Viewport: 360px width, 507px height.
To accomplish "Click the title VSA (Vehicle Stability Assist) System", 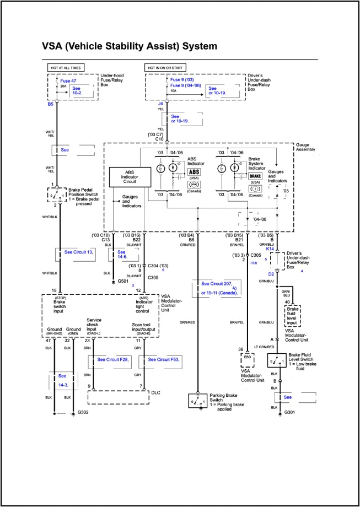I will click(130, 46).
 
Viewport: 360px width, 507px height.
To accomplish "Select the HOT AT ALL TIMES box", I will click(66, 68).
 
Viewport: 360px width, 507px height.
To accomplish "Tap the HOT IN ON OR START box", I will click(168, 68).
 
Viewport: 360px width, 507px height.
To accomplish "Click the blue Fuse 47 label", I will click(68, 80).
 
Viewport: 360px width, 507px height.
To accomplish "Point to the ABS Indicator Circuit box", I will click(130, 177).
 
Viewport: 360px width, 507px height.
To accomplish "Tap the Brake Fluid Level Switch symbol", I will click(276, 361).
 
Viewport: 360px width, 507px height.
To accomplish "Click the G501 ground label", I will click(123, 281).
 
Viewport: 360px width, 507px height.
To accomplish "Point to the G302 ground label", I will click(83, 412).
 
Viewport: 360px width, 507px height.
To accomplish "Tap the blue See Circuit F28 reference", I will click(112, 359).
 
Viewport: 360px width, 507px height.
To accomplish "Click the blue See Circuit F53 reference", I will click(162, 359).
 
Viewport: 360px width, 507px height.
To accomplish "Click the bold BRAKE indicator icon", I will click(255, 175).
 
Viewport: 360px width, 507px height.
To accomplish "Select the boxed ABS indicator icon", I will click(195, 172).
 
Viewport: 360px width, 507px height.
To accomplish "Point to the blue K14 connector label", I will click(271, 249).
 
